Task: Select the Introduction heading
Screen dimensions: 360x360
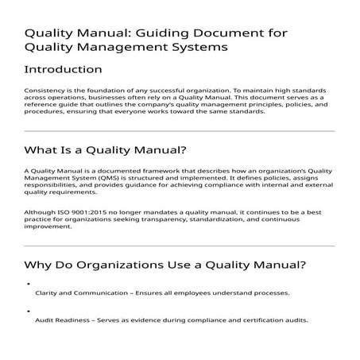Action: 64,70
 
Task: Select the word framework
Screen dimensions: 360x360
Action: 139,172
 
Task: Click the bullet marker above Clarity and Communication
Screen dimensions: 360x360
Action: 28,283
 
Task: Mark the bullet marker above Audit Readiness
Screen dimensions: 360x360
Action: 28,311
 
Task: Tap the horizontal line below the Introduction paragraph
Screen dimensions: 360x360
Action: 180,130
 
